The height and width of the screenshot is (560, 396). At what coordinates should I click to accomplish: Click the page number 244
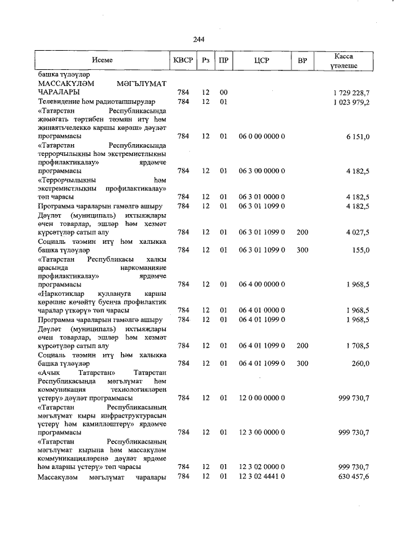(199, 40)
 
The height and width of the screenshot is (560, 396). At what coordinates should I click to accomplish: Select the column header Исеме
(103, 61)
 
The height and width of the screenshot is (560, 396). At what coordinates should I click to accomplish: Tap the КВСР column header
(183, 61)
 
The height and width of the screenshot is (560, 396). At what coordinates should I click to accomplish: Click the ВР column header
(302, 61)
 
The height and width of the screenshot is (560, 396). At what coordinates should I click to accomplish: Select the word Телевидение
(61, 101)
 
